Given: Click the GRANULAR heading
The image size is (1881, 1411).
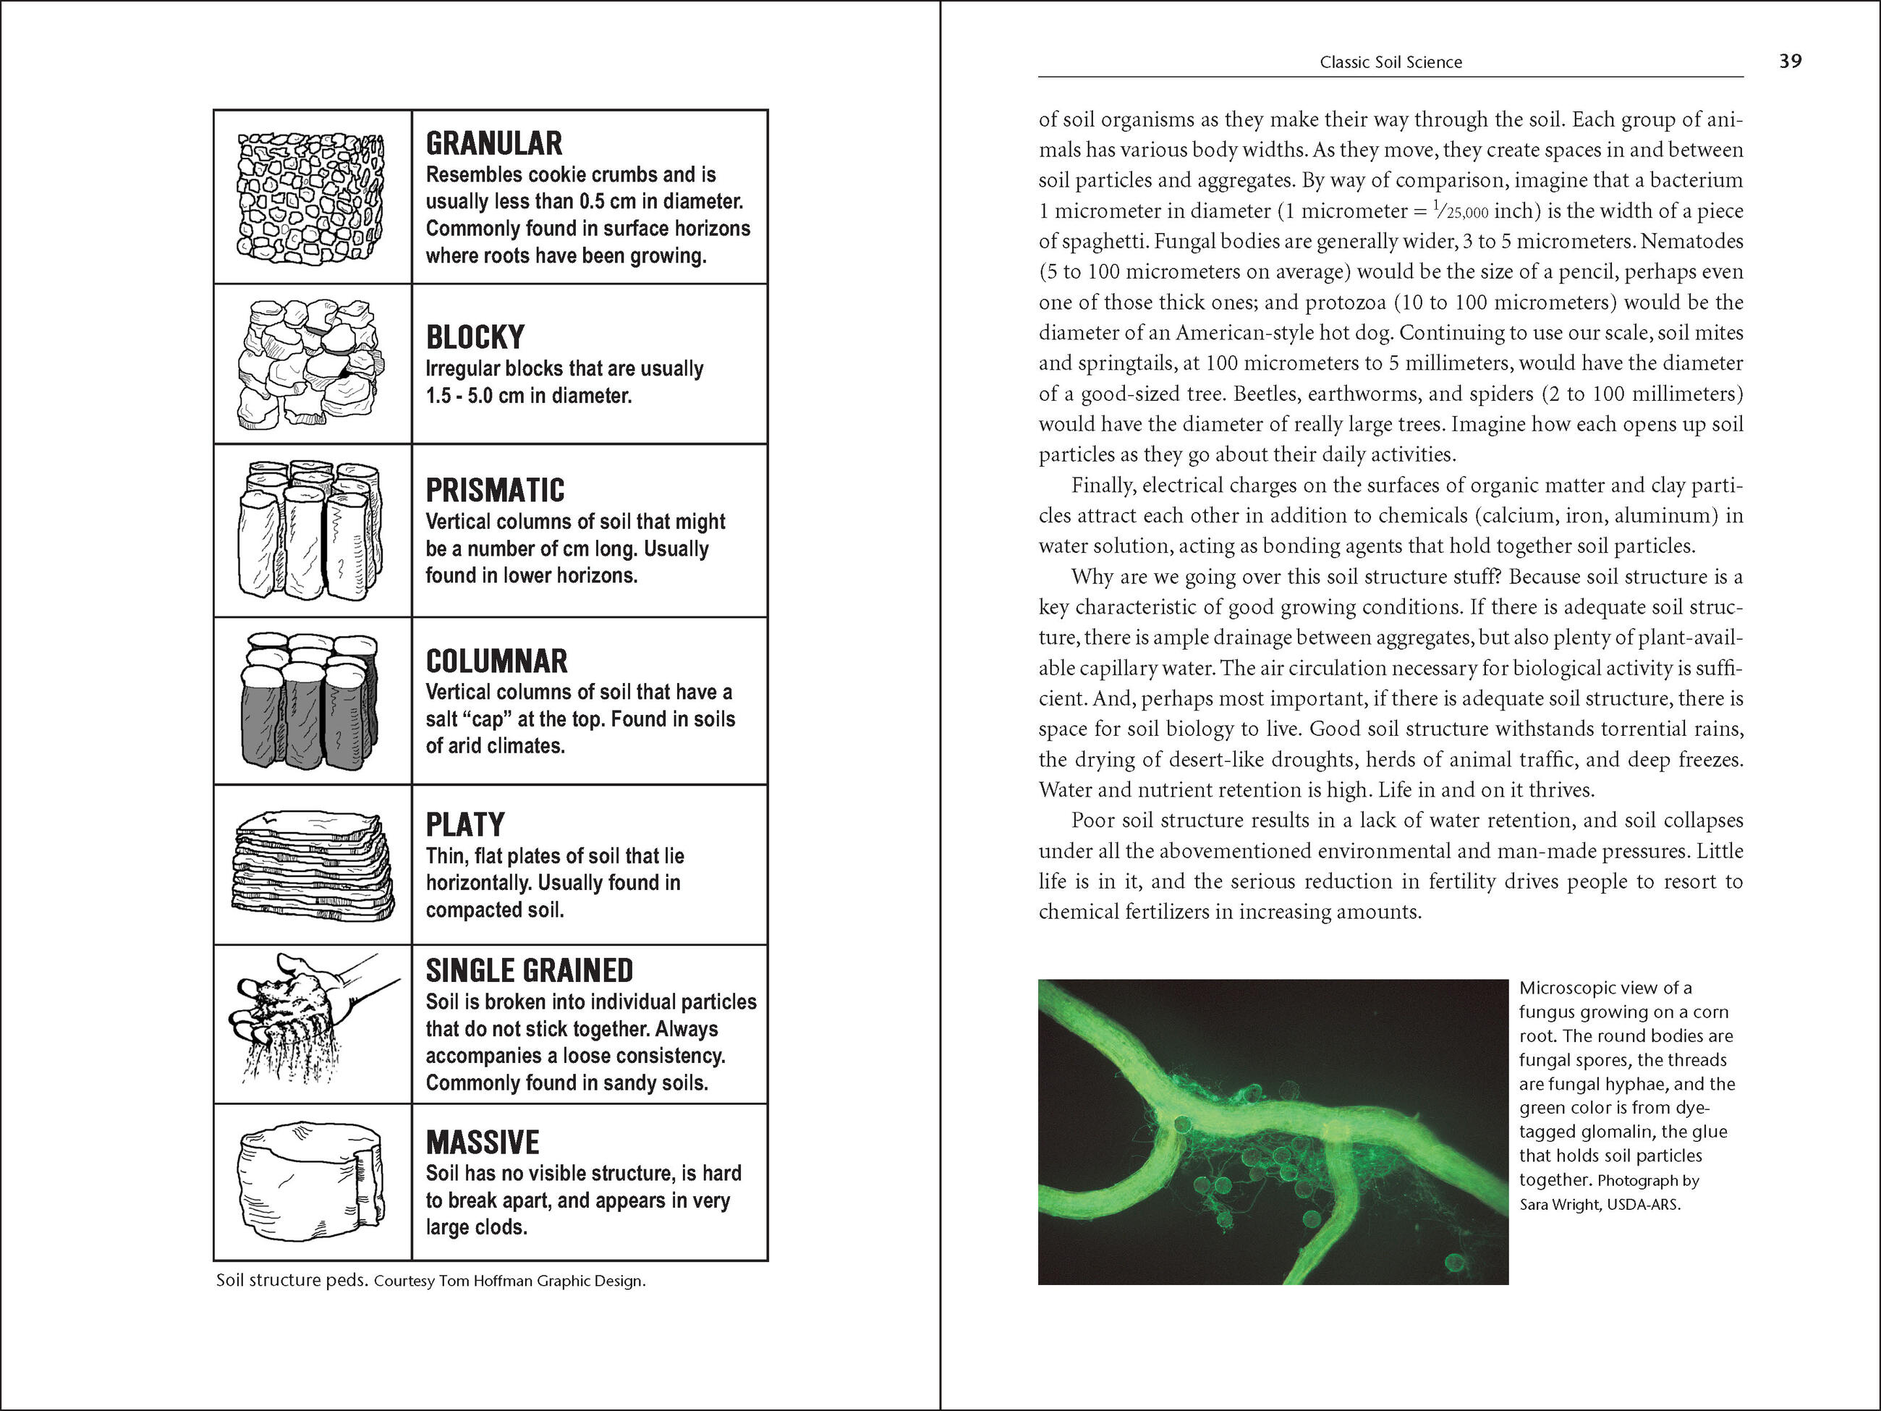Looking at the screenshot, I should [x=494, y=144].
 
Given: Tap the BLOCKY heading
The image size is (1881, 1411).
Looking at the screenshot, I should [x=475, y=338].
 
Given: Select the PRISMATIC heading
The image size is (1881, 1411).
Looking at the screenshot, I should [x=495, y=491].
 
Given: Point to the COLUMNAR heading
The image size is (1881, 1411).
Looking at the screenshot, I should [x=496, y=661].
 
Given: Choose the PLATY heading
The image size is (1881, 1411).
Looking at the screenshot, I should [x=465, y=825].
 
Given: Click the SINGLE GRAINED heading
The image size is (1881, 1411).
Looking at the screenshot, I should [x=529, y=971].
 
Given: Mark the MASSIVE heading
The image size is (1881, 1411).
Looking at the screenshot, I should [x=482, y=1143].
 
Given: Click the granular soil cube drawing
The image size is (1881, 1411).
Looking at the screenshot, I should [x=310, y=197].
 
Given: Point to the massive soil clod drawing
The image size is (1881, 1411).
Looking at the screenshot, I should [x=310, y=1182].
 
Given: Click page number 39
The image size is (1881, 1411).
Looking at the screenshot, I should [x=1790, y=62].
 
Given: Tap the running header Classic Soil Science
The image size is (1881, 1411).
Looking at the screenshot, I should [x=1390, y=62].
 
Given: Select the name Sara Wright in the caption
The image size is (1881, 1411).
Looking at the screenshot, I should [x=1561, y=1204].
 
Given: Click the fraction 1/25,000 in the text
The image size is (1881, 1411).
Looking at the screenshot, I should [x=1460, y=211].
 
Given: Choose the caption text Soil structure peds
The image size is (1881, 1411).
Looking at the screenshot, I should [x=292, y=1281].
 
